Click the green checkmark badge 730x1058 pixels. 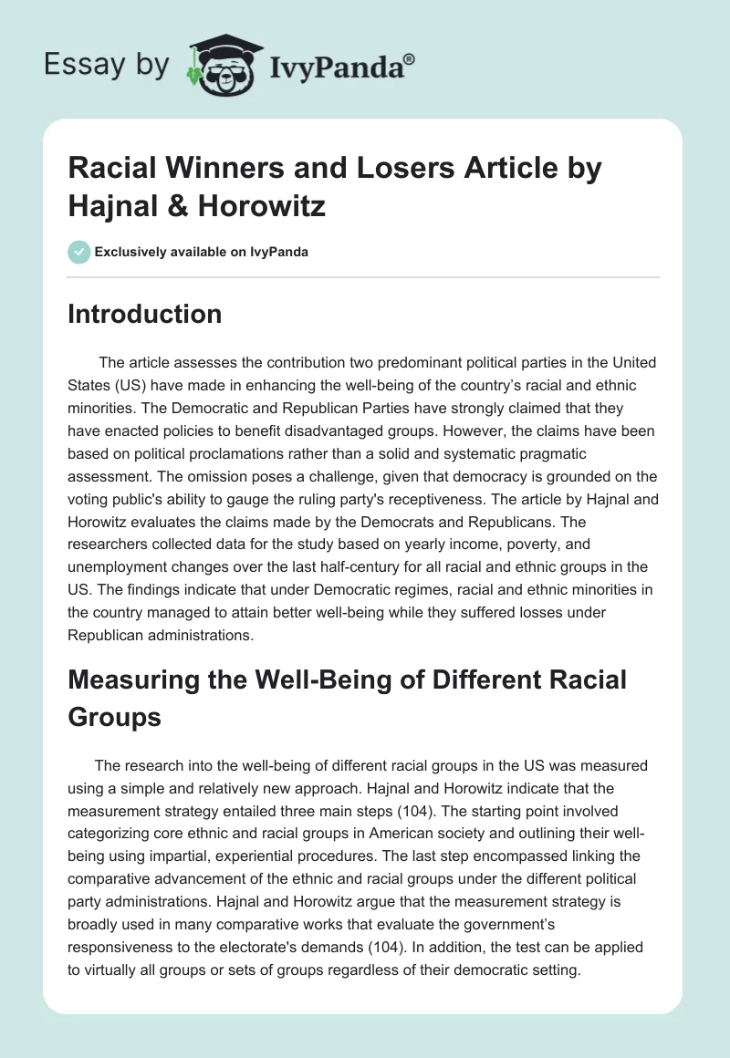(78, 252)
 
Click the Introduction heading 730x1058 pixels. (145, 314)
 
